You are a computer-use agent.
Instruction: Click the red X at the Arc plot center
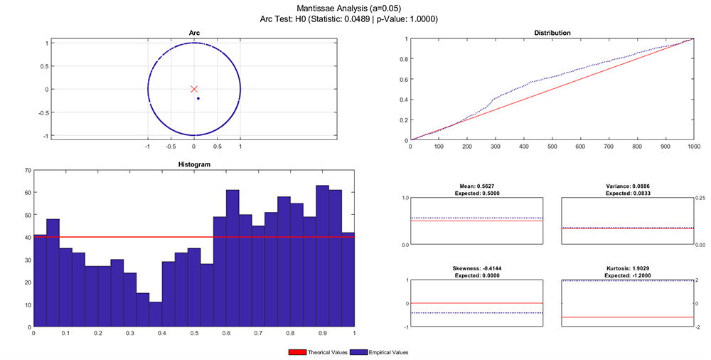coord(194,89)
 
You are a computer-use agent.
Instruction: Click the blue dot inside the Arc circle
coord(198,98)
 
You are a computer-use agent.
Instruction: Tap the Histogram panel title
coord(193,164)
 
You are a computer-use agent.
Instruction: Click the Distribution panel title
coord(552,33)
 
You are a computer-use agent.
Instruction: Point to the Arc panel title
coord(194,33)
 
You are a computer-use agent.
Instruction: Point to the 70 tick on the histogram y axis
coord(27,171)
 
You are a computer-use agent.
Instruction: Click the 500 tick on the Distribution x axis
coord(552,147)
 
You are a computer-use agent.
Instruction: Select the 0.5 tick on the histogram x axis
coord(193,333)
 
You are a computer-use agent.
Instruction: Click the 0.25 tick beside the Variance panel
coord(700,198)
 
